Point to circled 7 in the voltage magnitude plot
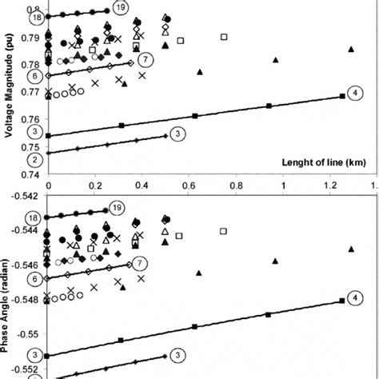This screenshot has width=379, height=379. (145, 60)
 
